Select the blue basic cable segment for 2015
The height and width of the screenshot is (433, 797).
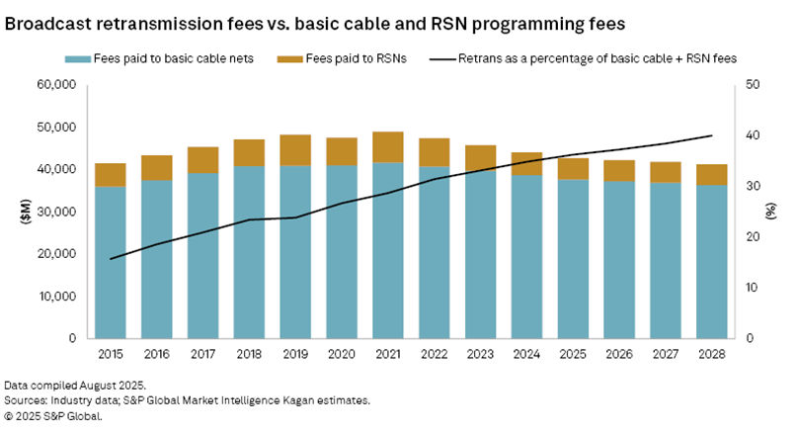coord(111,262)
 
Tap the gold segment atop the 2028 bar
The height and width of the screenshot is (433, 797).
coord(711,174)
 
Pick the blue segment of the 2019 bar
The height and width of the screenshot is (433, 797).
coord(294,251)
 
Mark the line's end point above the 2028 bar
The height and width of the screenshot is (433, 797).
coord(712,135)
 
